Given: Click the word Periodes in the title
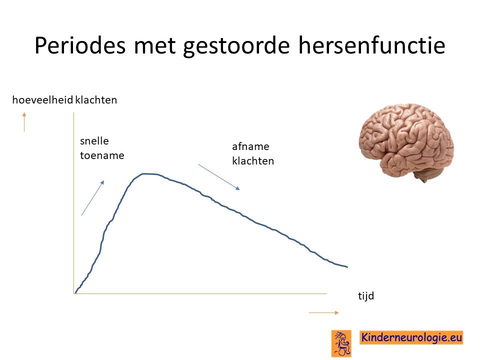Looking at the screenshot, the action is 80,45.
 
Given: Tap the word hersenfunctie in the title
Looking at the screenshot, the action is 371,45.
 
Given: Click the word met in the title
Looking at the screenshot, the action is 154,46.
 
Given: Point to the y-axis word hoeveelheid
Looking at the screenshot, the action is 42,100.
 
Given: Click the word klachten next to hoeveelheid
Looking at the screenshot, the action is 96,100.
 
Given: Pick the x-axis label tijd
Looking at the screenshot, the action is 366,295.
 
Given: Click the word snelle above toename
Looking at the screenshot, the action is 94,141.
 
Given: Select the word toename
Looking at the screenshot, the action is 102,155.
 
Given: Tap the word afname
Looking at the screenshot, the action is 250,146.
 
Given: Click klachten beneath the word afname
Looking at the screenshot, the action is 253,160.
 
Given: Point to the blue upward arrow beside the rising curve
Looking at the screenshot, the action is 93,198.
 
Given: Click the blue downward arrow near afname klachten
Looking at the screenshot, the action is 219,177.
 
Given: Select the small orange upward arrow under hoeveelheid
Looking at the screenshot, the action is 24,122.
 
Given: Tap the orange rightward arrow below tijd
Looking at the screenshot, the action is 324,312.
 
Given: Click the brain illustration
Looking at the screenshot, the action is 406,142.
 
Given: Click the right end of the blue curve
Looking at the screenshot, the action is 347,267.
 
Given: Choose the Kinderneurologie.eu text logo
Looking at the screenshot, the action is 411,337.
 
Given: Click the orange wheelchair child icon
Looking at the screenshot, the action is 341,343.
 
